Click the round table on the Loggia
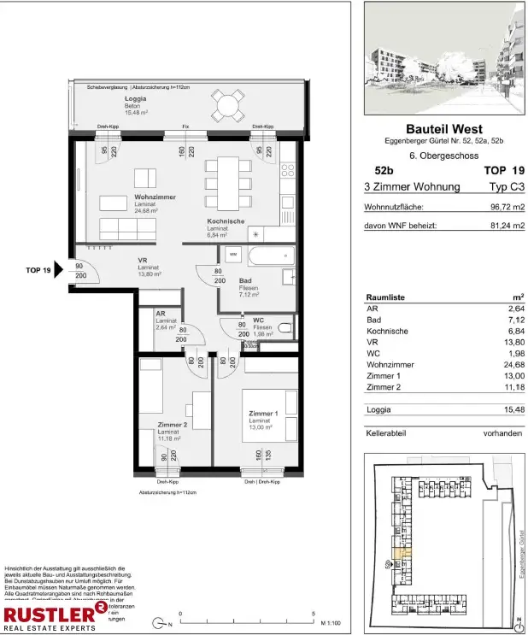227,106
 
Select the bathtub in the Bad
270,255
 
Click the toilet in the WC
285,327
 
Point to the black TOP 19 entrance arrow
60,270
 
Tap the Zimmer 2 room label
172,424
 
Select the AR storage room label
160,314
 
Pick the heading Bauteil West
443,129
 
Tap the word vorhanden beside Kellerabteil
502,433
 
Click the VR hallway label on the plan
144,261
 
